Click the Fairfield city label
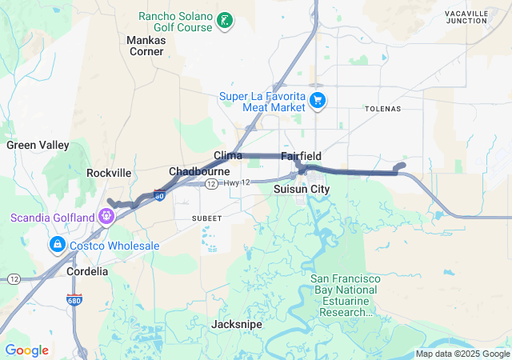tap(301, 156)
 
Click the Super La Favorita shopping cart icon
tap(318, 100)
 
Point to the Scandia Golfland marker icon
tap(106, 216)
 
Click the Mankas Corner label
tap(146, 45)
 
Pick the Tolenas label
tap(382, 108)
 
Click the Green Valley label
tap(38, 146)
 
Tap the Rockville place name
tap(109, 173)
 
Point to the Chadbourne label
tap(199, 171)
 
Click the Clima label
tap(228, 155)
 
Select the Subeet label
tap(206, 217)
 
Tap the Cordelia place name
tap(86, 271)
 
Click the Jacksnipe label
tap(236, 325)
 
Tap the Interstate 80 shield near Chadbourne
tap(159, 194)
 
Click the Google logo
tap(26, 350)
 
